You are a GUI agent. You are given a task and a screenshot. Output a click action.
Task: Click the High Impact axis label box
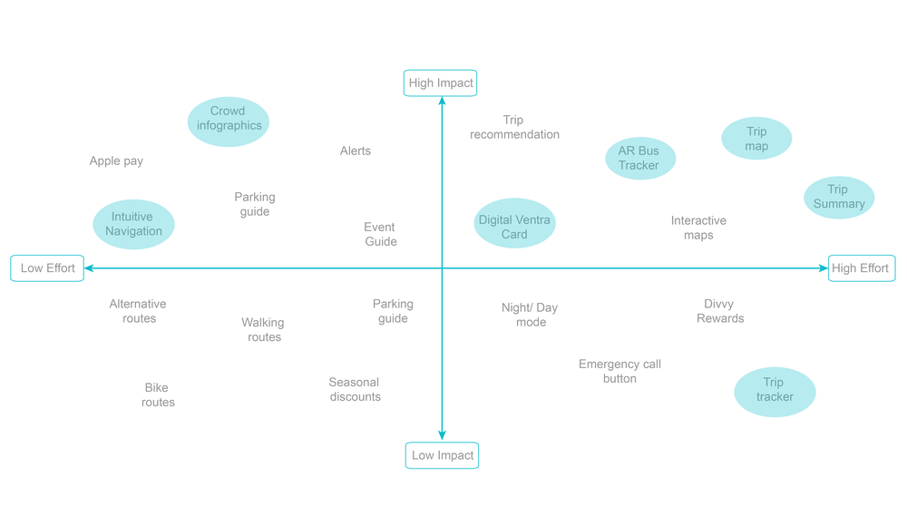(440, 83)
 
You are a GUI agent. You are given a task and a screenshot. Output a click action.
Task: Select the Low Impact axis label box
(442, 455)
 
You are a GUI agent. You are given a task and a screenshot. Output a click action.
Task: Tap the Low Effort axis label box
(47, 268)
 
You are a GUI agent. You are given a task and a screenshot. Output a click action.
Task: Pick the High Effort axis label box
(861, 268)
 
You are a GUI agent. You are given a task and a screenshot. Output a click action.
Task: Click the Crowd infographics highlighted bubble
(229, 121)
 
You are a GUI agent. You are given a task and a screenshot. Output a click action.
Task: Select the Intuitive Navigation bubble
(134, 224)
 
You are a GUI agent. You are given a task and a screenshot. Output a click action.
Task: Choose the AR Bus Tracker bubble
(640, 159)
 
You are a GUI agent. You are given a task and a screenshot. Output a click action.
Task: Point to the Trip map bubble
(756, 139)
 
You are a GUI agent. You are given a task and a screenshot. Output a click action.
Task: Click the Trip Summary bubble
(839, 198)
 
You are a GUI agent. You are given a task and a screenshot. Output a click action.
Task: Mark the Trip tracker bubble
(775, 391)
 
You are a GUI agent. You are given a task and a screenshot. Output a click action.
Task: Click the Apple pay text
(116, 161)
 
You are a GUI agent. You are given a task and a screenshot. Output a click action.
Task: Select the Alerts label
(356, 151)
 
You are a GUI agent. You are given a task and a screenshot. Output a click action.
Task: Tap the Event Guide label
(380, 235)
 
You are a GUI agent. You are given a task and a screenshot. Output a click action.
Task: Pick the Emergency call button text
(619, 372)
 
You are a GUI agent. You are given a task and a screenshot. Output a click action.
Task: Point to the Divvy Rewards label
(720, 312)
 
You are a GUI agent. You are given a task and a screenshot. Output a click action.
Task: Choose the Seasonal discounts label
(355, 390)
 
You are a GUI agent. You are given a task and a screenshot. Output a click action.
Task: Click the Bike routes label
(158, 395)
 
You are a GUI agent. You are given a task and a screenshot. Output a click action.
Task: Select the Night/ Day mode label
(531, 316)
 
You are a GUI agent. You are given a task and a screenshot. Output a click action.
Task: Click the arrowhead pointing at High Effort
(823, 268)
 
